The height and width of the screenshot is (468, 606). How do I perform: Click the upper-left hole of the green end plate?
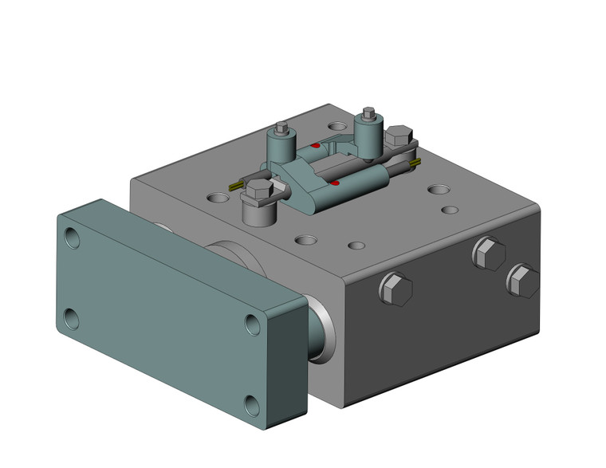(x=73, y=238)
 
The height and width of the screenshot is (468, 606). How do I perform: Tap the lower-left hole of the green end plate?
(x=70, y=318)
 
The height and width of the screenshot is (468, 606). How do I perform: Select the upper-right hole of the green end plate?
(x=253, y=324)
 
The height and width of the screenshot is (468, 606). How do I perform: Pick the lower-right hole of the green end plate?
(x=252, y=406)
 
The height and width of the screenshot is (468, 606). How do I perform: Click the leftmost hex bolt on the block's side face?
(x=396, y=289)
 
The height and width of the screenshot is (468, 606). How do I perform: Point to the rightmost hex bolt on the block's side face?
(x=522, y=281)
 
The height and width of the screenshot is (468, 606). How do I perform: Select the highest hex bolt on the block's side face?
(x=488, y=254)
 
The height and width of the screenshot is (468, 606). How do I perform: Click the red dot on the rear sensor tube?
(x=316, y=146)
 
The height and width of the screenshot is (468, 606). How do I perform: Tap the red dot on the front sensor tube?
(x=336, y=184)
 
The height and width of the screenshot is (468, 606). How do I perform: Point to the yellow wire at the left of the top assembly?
(x=235, y=186)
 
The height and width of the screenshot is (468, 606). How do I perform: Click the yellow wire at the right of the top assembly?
(x=415, y=163)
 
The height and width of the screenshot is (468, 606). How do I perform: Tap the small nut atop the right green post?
(x=368, y=112)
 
